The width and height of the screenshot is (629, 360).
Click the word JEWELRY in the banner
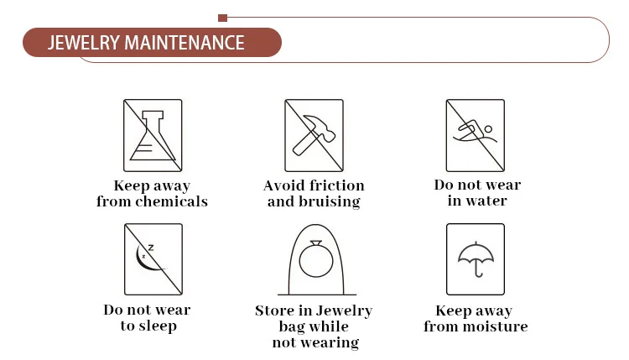click(83, 43)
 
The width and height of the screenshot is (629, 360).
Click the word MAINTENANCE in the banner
click(185, 43)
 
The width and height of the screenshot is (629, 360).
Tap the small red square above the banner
click(222, 18)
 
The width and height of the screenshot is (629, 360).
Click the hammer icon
click(314, 135)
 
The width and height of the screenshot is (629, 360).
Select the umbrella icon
click(476, 259)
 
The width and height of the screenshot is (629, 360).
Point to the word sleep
click(157, 326)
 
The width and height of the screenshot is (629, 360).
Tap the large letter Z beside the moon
click(151, 248)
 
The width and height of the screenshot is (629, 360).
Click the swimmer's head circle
click(488, 129)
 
